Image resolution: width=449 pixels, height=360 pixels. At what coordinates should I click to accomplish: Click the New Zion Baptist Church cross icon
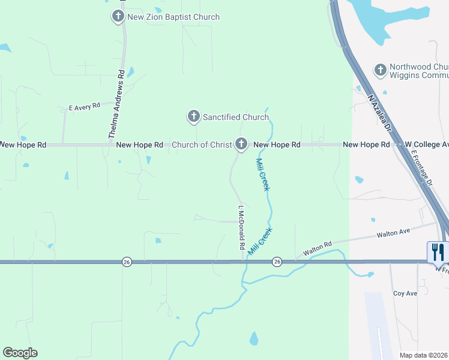click(118, 16)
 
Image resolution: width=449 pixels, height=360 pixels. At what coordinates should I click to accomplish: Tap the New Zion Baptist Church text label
click(173, 17)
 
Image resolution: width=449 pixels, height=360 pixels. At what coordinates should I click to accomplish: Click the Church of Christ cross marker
click(241, 143)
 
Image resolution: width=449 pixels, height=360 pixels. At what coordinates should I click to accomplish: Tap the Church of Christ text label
click(202, 145)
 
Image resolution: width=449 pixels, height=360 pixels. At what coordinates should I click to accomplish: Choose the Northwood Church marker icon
click(380, 70)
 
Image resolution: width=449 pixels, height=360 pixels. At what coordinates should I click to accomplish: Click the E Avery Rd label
click(85, 107)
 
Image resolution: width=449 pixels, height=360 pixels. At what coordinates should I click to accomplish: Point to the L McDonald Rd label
click(241, 228)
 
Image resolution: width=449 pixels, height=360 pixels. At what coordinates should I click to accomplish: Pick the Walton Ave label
click(393, 232)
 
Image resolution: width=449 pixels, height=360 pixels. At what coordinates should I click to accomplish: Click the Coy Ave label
click(405, 293)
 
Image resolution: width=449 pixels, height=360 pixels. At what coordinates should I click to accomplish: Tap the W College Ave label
click(427, 145)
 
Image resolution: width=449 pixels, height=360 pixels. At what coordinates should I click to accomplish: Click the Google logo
click(20, 353)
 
